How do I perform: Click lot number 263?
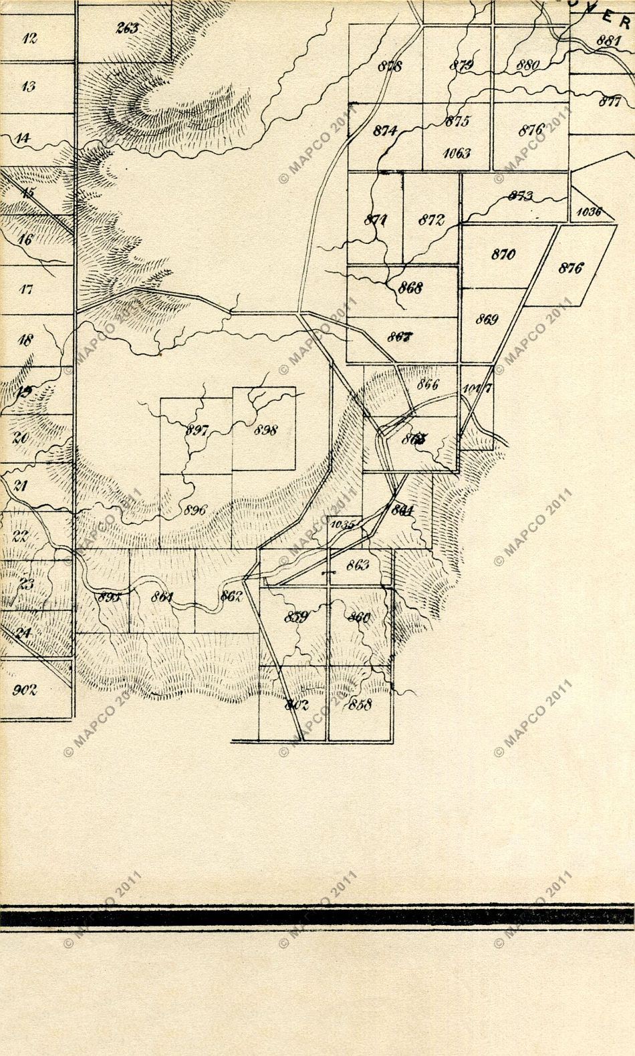(x=126, y=28)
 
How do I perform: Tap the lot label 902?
(x=25, y=690)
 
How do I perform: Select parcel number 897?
(x=197, y=430)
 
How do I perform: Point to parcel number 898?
(x=265, y=430)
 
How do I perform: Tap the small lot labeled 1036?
(x=589, y=213)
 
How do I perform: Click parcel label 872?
(x=431, y=220)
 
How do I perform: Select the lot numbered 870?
(x=503, y=254)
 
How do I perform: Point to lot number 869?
(x=487, y=319)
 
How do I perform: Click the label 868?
(x=410, y=289)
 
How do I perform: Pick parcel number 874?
(x=385, y=130)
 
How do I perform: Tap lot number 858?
(x=360, y=704)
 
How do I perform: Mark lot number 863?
(x=358, y=565)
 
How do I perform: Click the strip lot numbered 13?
(x=28, y=86)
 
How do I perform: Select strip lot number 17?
(x=26, y=289)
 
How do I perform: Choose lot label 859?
(x=295, y=616)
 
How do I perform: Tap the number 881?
(x=609, y=40)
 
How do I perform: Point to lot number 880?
(x=527, y=65)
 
